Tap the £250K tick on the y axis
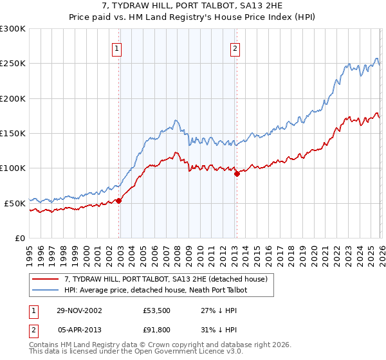tap(13, 64)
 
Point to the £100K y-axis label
tap(13, 168)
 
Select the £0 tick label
tap(19, 238)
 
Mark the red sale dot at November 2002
tap(119, 201)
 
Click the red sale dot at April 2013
tap(236, 174)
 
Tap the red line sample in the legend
tap(46, 279)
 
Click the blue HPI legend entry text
tap(155, 290)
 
